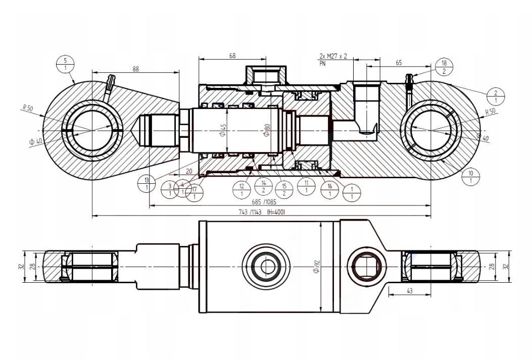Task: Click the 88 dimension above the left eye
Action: [135, 69]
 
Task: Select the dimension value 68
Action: [232, 56]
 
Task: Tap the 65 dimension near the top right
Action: [399, 63]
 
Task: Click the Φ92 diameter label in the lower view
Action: [316, 267]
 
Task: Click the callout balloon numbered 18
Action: [444, 67]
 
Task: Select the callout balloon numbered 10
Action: [471, 177]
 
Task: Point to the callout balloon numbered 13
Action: [147, 184]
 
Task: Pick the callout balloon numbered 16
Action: [330, 190]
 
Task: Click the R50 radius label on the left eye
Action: [27, 108]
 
